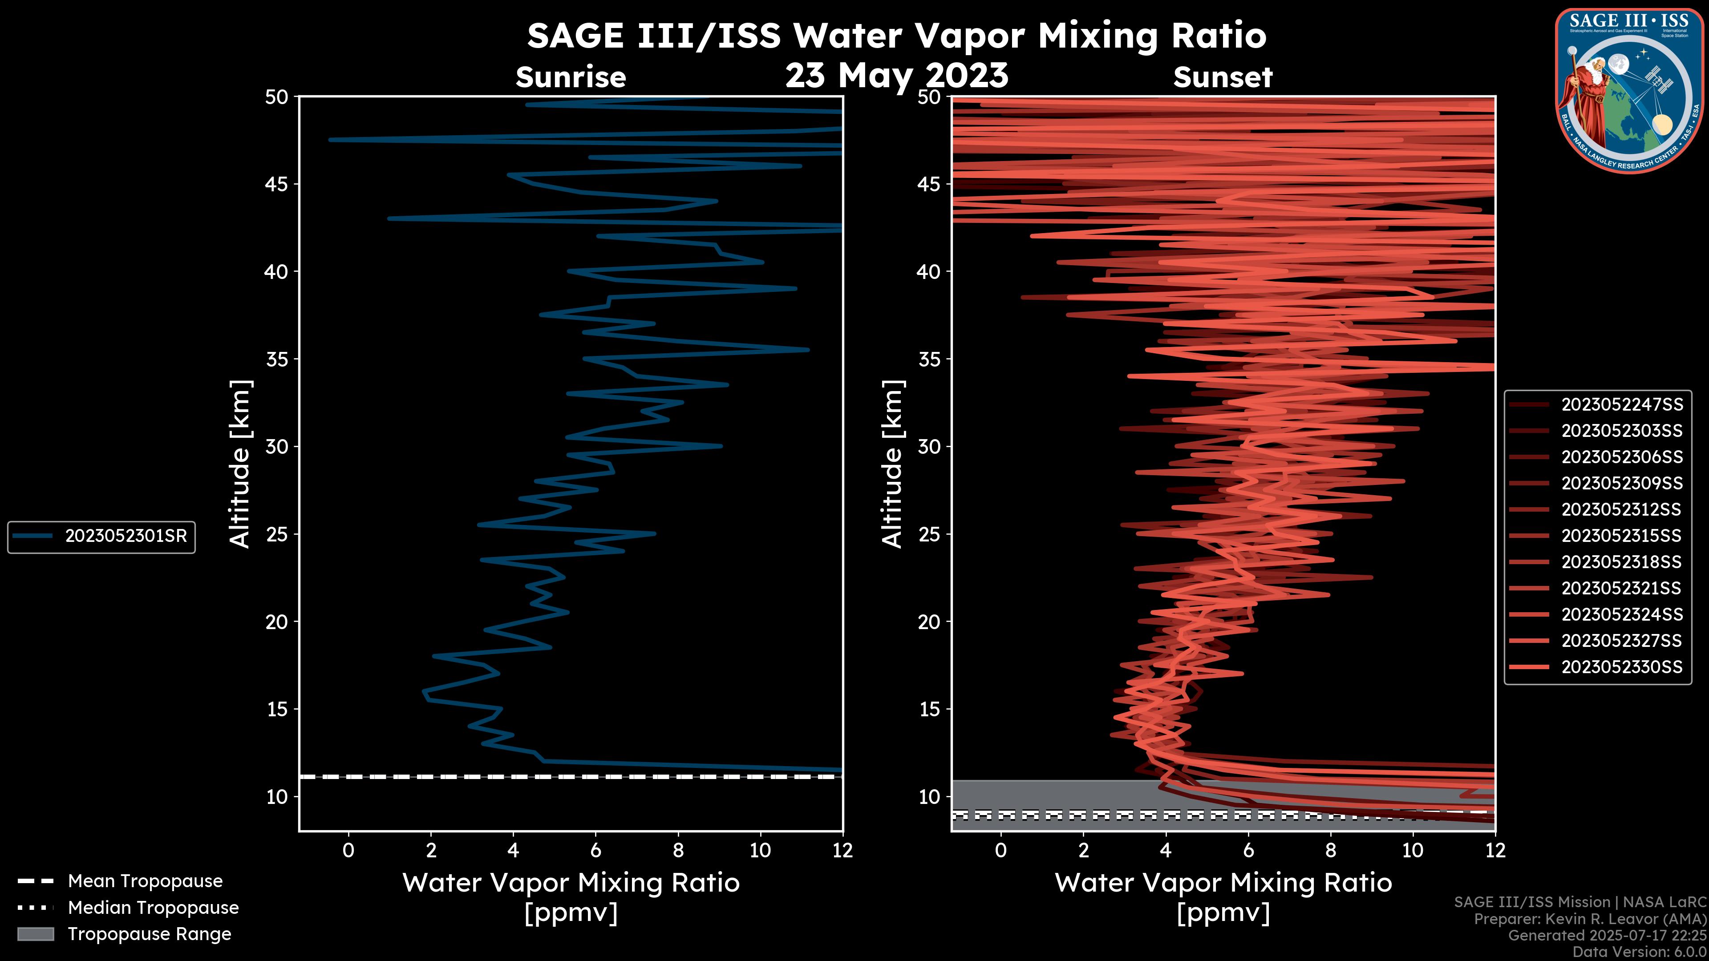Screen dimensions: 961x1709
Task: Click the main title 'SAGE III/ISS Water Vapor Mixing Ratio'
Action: (x=896, y=36)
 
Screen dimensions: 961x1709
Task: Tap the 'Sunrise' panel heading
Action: (x=571, y=77)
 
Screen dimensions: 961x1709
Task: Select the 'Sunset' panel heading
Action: (x=1223, y=77)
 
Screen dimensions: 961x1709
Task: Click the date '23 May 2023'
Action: (x=896, y=76)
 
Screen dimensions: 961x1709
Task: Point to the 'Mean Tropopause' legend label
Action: (x=145, y=881)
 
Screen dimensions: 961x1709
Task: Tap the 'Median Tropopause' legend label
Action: (x=153, y=908)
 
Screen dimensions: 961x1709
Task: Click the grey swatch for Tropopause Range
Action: (x=35, y=934)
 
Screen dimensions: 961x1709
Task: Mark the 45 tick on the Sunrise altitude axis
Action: (x=277, y=184)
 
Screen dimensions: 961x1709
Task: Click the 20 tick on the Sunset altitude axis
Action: (x=929, y=622)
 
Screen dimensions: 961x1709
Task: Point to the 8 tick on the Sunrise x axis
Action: (x=678, y=850)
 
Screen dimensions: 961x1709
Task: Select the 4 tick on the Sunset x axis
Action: (x=1166, y=850)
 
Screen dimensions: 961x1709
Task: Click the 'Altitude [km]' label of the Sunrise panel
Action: (x=239, y=464)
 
